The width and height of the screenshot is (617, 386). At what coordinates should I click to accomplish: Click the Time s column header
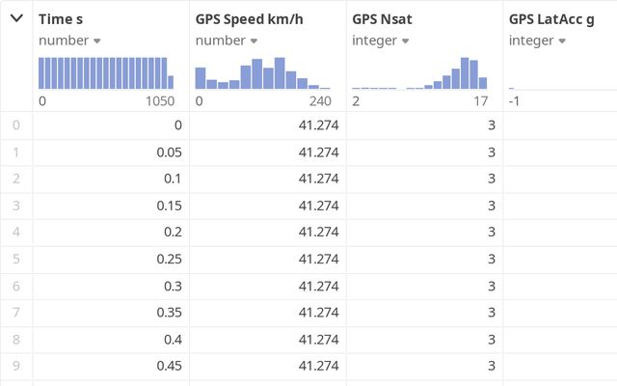pyautogui.click(x=60, y=18)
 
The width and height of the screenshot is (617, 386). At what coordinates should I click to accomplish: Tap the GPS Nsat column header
pyautogui.click(x=383, y=18)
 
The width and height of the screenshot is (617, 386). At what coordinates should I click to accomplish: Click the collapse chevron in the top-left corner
pyautogui.click(x=16, y=18)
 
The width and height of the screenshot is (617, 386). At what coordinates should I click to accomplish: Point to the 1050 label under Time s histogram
pyautogui.click(x=159, y=101)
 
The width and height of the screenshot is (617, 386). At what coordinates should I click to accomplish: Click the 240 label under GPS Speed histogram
pyautogui.click(x=319, y=101)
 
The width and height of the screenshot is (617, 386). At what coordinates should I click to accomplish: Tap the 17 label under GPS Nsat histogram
pyautogui.click(x=480, y=101)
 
